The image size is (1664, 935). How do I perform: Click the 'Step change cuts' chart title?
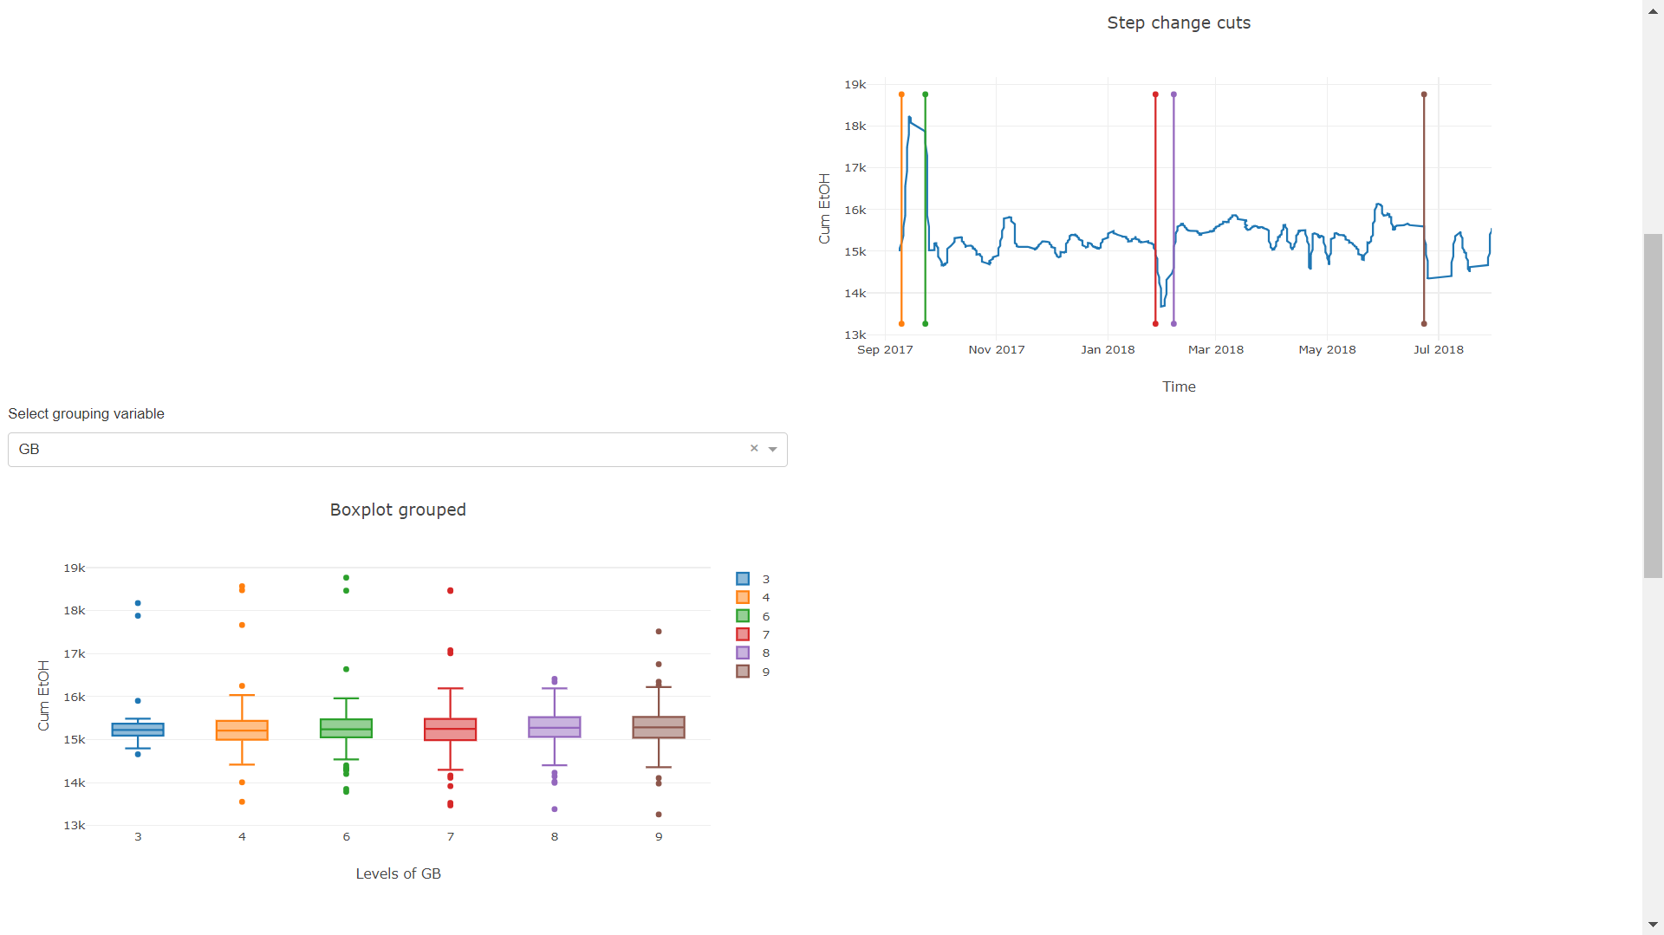(x=1178, y=23)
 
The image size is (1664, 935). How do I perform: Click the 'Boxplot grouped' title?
(x=398, y=510)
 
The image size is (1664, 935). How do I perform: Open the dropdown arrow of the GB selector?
(x=772, y=449)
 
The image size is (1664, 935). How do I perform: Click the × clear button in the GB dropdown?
(x=754, y=448)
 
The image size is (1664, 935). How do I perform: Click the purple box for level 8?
(x=555, y=727)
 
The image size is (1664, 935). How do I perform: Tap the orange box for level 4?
(x=242, y=730)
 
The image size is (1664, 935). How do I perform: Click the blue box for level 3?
(x=138, y=730)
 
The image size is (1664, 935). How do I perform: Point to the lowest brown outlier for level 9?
(x=659, y=815)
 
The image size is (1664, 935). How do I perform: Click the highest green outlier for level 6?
(x=346, y=577)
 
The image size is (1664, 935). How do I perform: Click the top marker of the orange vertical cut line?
(x=901, y=94)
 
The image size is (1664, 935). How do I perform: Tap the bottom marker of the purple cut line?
(x=1173, y=324)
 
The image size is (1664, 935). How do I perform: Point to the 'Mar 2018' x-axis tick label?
(x=1215, y=349)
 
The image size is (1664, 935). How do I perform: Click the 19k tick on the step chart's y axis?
(x=855, y=84)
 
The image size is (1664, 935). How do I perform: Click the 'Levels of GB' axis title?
(x=398, y=873)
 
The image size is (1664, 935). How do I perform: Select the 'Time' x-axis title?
(x=1179, y=386)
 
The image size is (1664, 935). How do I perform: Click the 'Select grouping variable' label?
(x=86, y=413)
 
